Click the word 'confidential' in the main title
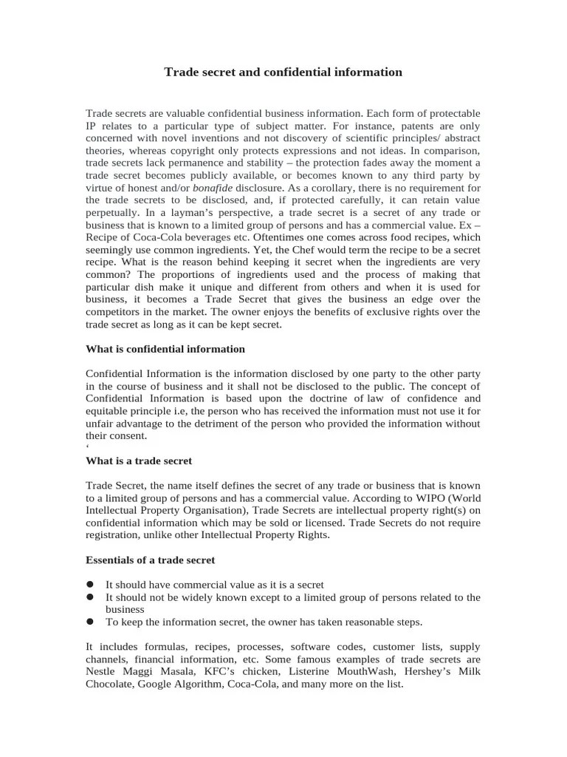312,72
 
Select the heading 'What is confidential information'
165,349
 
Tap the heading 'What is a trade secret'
139,461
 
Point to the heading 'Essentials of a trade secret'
151,560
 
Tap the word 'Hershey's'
410,672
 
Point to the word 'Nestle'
102,672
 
